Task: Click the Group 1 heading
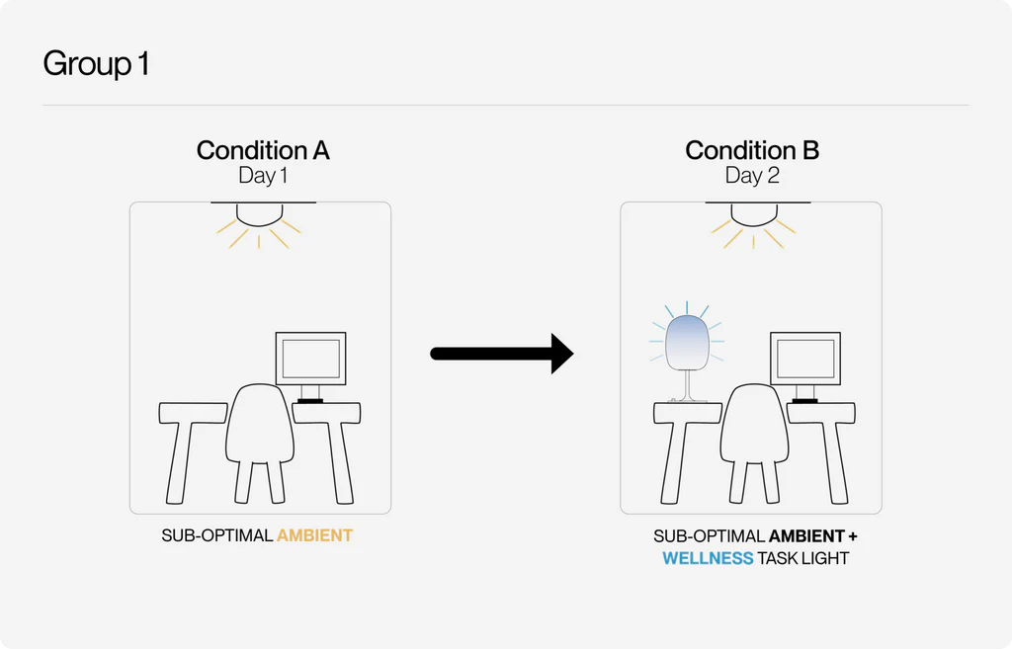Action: coord(96,64)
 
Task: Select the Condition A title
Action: coord(263,150)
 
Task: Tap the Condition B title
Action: coord(752,150)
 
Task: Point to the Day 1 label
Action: coord(263,176)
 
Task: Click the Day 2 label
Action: coord(752,176)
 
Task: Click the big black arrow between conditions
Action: coord(501,354)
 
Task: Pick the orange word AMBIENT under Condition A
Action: coord(314,535)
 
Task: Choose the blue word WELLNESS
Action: coord(708,558)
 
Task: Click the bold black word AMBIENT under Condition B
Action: coord(806,536)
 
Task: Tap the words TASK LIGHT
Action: coord(802,558)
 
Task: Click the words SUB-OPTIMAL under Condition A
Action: coord(216,535)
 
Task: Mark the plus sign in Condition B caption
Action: coord(853,536)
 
